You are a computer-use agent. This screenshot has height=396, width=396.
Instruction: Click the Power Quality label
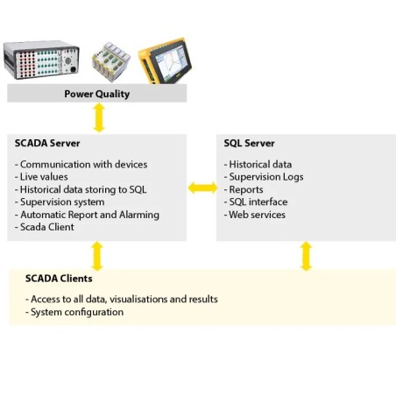[x=97, y=94]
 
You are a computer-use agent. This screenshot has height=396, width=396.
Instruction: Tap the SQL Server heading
[x=250, y=143]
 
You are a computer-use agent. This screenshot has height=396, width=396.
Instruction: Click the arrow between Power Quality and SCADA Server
[x=98, y=117]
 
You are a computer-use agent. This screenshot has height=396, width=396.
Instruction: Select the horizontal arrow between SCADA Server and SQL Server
[x=202, y=187]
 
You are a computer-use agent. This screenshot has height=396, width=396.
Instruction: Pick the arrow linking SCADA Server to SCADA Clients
[x=97, y=256]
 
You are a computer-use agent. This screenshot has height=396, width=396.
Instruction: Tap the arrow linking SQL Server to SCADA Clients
[x=306, y=256]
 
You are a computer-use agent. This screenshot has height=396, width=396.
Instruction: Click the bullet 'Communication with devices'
[x=81, y=164]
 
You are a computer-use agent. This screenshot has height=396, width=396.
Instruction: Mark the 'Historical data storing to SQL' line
[x=81, y=189]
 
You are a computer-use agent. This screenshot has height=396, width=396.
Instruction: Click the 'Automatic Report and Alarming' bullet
[x=88, y=215]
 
